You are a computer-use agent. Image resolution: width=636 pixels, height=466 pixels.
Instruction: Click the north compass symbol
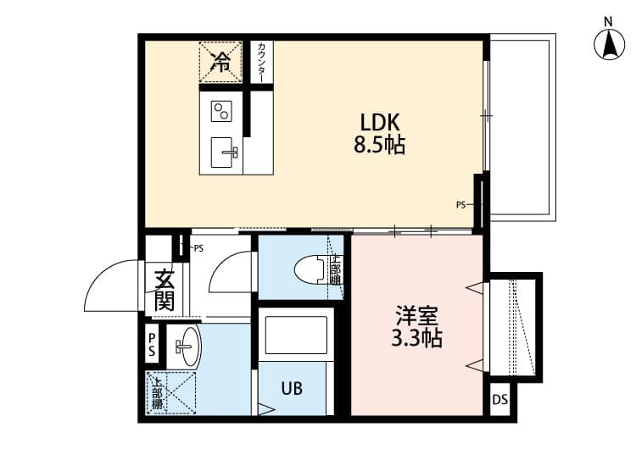(x=608, y=43)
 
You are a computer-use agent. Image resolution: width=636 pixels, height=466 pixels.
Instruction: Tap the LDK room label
(x=379, y=122)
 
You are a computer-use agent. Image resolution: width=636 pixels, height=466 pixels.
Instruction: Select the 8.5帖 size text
(x=379, y=145)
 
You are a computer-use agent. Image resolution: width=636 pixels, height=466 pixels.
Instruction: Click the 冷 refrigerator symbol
(x=220, y=61)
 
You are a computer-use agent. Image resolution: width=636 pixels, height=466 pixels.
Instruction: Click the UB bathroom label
(x=292, y=389)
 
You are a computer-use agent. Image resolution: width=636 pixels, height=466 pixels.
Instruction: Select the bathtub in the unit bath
(x=294, y=336)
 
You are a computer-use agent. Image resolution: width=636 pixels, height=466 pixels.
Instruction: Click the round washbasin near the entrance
(x=186, y=347)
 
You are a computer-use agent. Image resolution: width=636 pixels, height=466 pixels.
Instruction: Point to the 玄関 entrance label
(x=165, y=290)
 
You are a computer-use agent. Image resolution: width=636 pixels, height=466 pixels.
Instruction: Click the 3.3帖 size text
(x=416, y=339)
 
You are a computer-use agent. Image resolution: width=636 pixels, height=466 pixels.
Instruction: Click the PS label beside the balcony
(x=461, y=204)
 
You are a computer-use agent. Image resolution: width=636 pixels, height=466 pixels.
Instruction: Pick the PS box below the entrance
(x=152, y=344)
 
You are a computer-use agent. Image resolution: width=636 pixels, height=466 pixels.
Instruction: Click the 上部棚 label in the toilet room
(x=336, y=270)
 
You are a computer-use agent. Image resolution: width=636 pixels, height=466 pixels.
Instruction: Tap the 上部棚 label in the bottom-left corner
(x=158, y=393)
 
